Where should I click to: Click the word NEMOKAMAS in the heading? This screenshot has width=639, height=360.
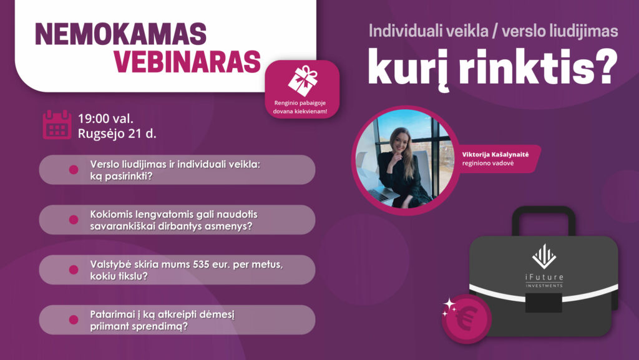click(x=120, y=34)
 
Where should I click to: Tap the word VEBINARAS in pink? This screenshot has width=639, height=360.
click(x=187, y=62)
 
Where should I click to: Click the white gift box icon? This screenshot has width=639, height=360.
click(x=303, y=80)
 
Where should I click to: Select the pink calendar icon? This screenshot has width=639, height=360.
click(x=57, y=125)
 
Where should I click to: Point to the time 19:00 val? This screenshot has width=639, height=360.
click(x=105, y=119)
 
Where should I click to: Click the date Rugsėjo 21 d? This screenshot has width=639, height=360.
click(x=117, y=134)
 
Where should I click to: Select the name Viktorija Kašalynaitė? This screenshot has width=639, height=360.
click(x=495, y=154)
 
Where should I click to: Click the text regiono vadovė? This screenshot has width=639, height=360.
click(x=488, y=163)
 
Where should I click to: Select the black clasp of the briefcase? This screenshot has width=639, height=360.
click(x=544, y=303)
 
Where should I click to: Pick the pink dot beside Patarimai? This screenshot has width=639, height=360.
click(x=74, y=319)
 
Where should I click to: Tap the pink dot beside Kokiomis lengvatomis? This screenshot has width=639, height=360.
click(x=74, y=220)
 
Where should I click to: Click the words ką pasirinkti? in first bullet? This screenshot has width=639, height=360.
click(x=122, y=177)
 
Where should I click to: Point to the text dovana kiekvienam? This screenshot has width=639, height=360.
click(x=300, y=111)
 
